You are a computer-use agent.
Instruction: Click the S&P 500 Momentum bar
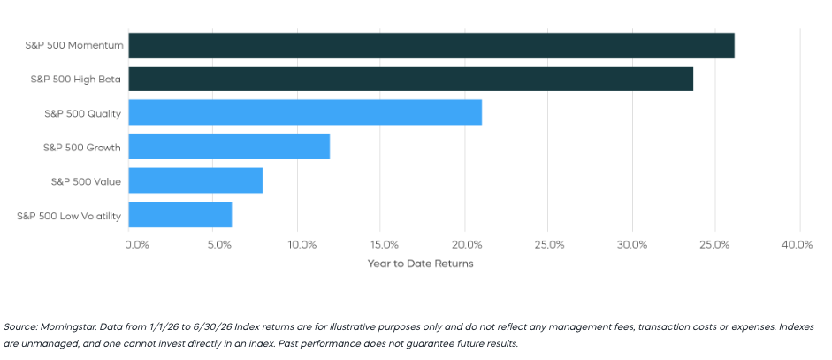[431, 46]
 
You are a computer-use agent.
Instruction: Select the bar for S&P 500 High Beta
[410, 79]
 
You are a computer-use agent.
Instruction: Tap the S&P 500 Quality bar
[305, 112]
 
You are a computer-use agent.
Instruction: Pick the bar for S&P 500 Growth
[229, 146]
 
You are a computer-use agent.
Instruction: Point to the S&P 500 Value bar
[195, 180]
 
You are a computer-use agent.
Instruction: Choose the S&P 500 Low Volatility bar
[180, 215]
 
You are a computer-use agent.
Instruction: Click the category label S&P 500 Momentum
[74, 46]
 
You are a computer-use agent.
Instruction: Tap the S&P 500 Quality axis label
[83, 113]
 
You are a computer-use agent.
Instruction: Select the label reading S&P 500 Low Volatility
[69, 216]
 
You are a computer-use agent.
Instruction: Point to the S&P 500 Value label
[86, 182]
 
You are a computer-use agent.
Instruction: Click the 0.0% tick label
[137, 245]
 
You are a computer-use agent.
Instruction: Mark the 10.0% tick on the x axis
[302, 245]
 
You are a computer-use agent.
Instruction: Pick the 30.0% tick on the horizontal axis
[633, 245]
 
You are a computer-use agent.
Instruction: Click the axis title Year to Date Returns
[420, 264]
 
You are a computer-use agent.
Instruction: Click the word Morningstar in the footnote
[69, 326]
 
